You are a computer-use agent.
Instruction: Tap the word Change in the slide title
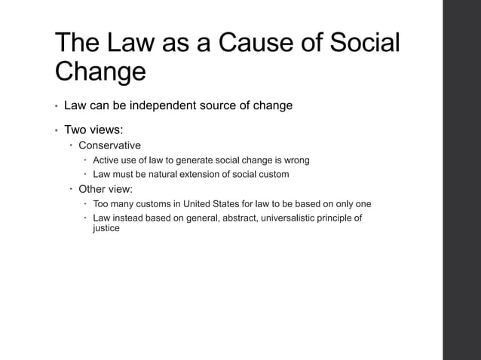(100, 73)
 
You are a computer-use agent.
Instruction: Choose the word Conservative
(109, 145)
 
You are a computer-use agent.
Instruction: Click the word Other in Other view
(93, 189)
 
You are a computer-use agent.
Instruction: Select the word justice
(106, 228)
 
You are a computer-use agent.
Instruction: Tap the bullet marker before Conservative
(71, 145)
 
